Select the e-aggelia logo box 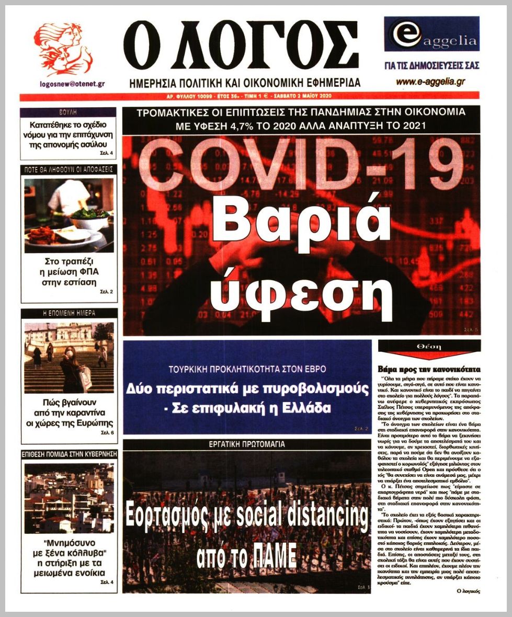coord(431,34)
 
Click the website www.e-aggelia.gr coord(430,82)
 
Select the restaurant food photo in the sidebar coord(69,215)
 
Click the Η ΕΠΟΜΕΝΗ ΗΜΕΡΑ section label coord(69,313)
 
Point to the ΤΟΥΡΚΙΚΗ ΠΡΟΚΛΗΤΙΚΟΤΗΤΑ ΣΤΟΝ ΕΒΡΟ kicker coord(247,369)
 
